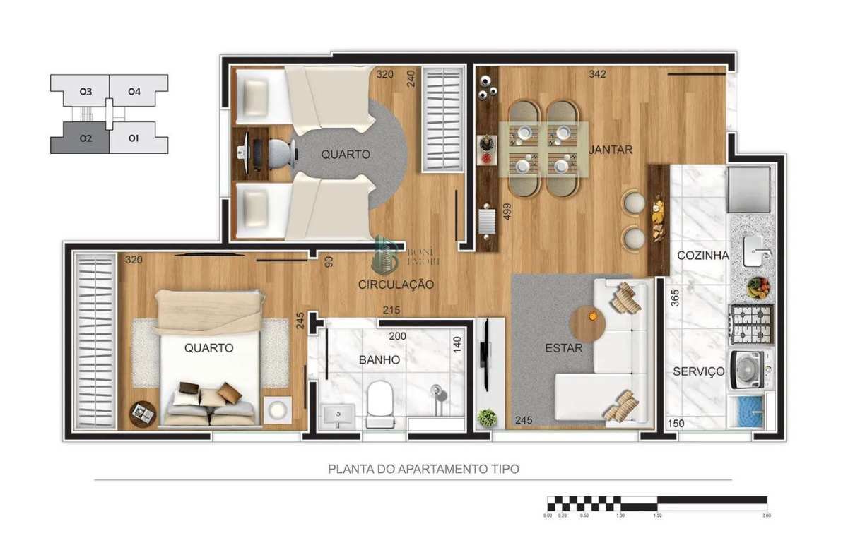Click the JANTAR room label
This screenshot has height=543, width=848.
[610, 149]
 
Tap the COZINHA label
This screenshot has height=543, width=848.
[702, 256]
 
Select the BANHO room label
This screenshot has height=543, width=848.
[379, 359]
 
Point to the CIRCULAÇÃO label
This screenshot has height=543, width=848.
[396, 284]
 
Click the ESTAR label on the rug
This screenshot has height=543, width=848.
[564, 347]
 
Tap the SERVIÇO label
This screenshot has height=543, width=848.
[698, 371]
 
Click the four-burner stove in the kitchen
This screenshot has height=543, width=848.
[751, 324]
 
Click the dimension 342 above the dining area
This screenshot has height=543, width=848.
[597, 73]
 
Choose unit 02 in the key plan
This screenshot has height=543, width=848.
[80, 138]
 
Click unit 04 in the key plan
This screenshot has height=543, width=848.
[134, 91]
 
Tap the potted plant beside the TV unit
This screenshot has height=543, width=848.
[486, 417]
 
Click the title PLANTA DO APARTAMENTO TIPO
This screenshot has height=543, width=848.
[424, 468]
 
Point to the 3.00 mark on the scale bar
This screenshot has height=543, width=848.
[767, 515]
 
